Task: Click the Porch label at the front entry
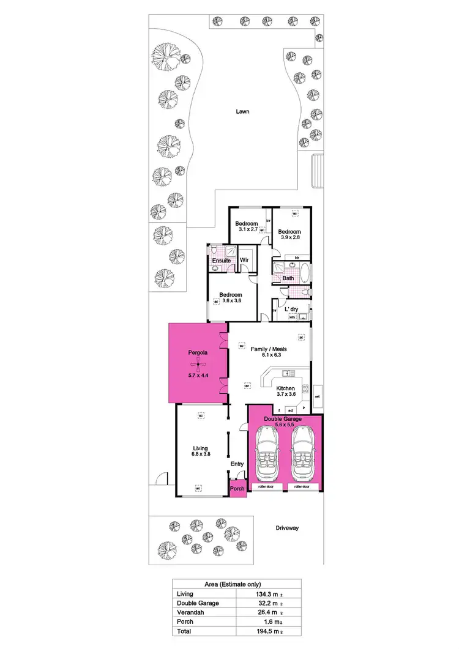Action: coord(237,488)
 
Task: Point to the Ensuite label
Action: coord(221,261)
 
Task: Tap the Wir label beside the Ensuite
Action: coord(244,261)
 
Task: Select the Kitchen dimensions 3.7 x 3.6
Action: coord(285,395)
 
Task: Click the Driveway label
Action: coord(286,527)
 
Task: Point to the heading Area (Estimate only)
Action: coord(236,584)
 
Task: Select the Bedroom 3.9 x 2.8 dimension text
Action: coord(289,239)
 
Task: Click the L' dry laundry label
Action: coord(291,310)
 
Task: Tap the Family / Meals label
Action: coord(269,349)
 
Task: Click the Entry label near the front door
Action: coord(237,464)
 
